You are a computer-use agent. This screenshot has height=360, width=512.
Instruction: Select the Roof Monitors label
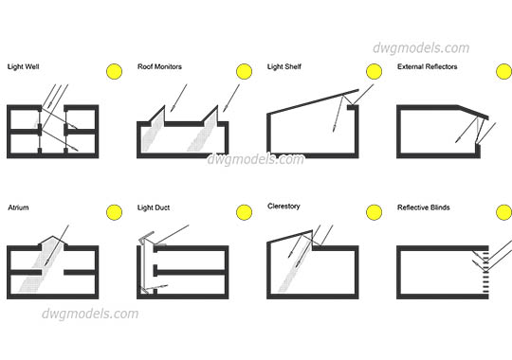159,67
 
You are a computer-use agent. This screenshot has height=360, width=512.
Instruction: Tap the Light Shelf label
285,67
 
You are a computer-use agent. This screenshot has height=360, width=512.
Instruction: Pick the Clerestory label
284,206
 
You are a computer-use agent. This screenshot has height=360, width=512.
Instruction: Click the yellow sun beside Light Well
116,71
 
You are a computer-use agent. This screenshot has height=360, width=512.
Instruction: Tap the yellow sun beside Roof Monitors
245,71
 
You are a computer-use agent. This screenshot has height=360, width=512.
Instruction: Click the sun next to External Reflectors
502,71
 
